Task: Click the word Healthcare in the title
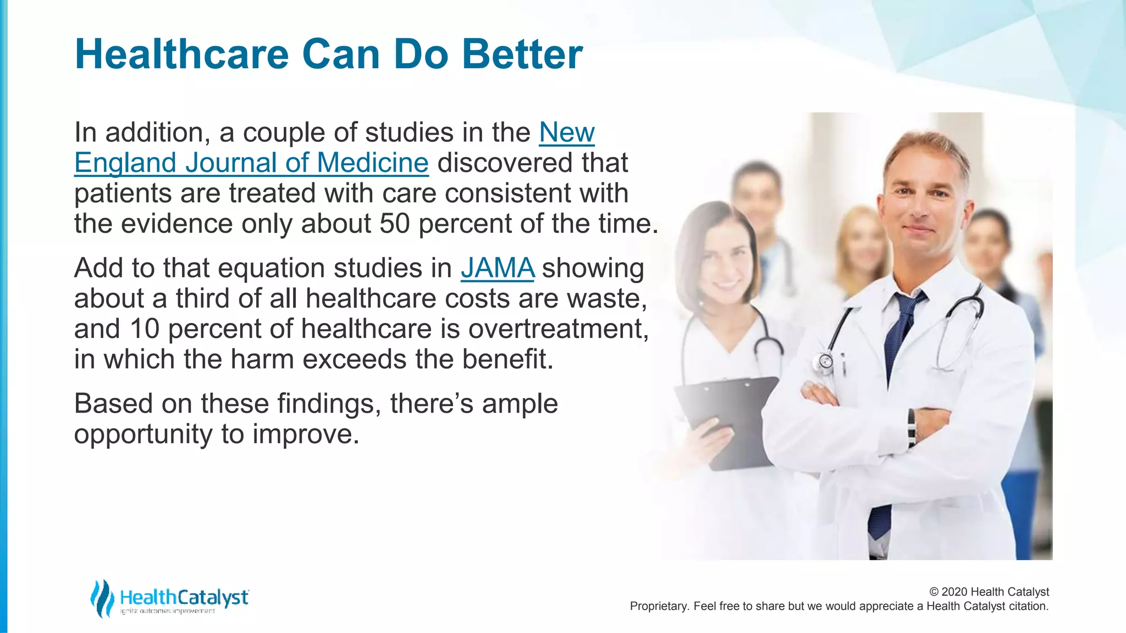(x=181, y=54)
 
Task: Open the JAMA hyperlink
(x=498, y=268)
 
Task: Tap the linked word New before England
(x=566, y=132)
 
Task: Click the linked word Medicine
(x=372, y=163)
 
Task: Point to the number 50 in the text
(x=394, y=224)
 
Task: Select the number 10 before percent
(x=145, y=329)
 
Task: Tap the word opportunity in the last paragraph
(x=143, y=434)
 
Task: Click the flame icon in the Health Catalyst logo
(x=101, y=598)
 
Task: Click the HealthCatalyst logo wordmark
(x=184, y=597)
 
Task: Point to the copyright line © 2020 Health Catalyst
(x=989, y=592)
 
